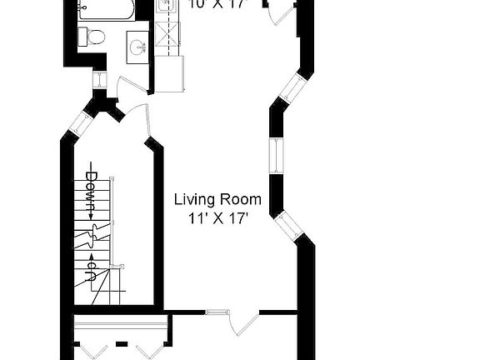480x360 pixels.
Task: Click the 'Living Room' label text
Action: click(217, 200)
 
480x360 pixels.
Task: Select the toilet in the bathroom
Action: click(92, 36)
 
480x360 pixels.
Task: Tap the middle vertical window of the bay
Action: click(273, 157)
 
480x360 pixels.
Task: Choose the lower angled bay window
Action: click(287, 224)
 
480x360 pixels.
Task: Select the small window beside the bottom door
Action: click(216, 313)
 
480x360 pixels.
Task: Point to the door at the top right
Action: click(282, 13)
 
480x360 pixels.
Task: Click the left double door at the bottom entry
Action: click(91, 348)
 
